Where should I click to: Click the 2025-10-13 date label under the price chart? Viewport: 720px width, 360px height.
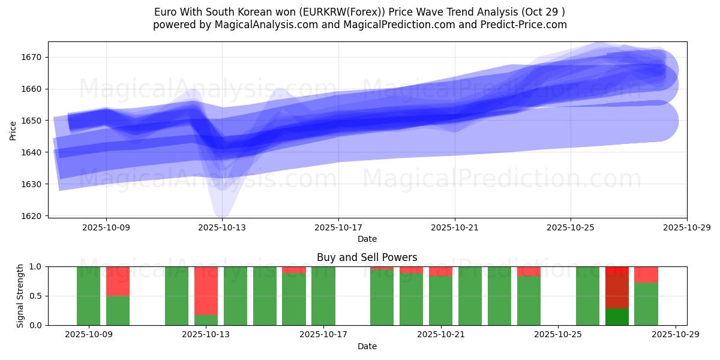(222, 227)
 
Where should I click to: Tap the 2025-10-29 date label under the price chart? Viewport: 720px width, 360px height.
(686, 227)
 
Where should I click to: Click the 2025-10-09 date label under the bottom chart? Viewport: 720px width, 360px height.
(89, 335)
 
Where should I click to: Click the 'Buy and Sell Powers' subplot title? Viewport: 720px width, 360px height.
(367, 258)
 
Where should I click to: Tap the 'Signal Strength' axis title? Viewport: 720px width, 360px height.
(21, 296)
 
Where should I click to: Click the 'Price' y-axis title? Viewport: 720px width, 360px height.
(13, 130)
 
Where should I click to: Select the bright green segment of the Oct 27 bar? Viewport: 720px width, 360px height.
(617, 316)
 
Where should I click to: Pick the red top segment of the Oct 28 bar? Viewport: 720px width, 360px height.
(646, 274)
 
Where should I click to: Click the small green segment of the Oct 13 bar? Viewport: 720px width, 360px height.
(206, 320)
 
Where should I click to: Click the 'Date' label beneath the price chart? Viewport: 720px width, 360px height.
(367, 239)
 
